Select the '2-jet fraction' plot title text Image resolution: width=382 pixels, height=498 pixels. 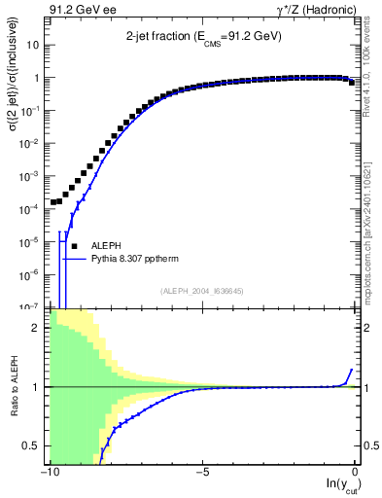[203, 35]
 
